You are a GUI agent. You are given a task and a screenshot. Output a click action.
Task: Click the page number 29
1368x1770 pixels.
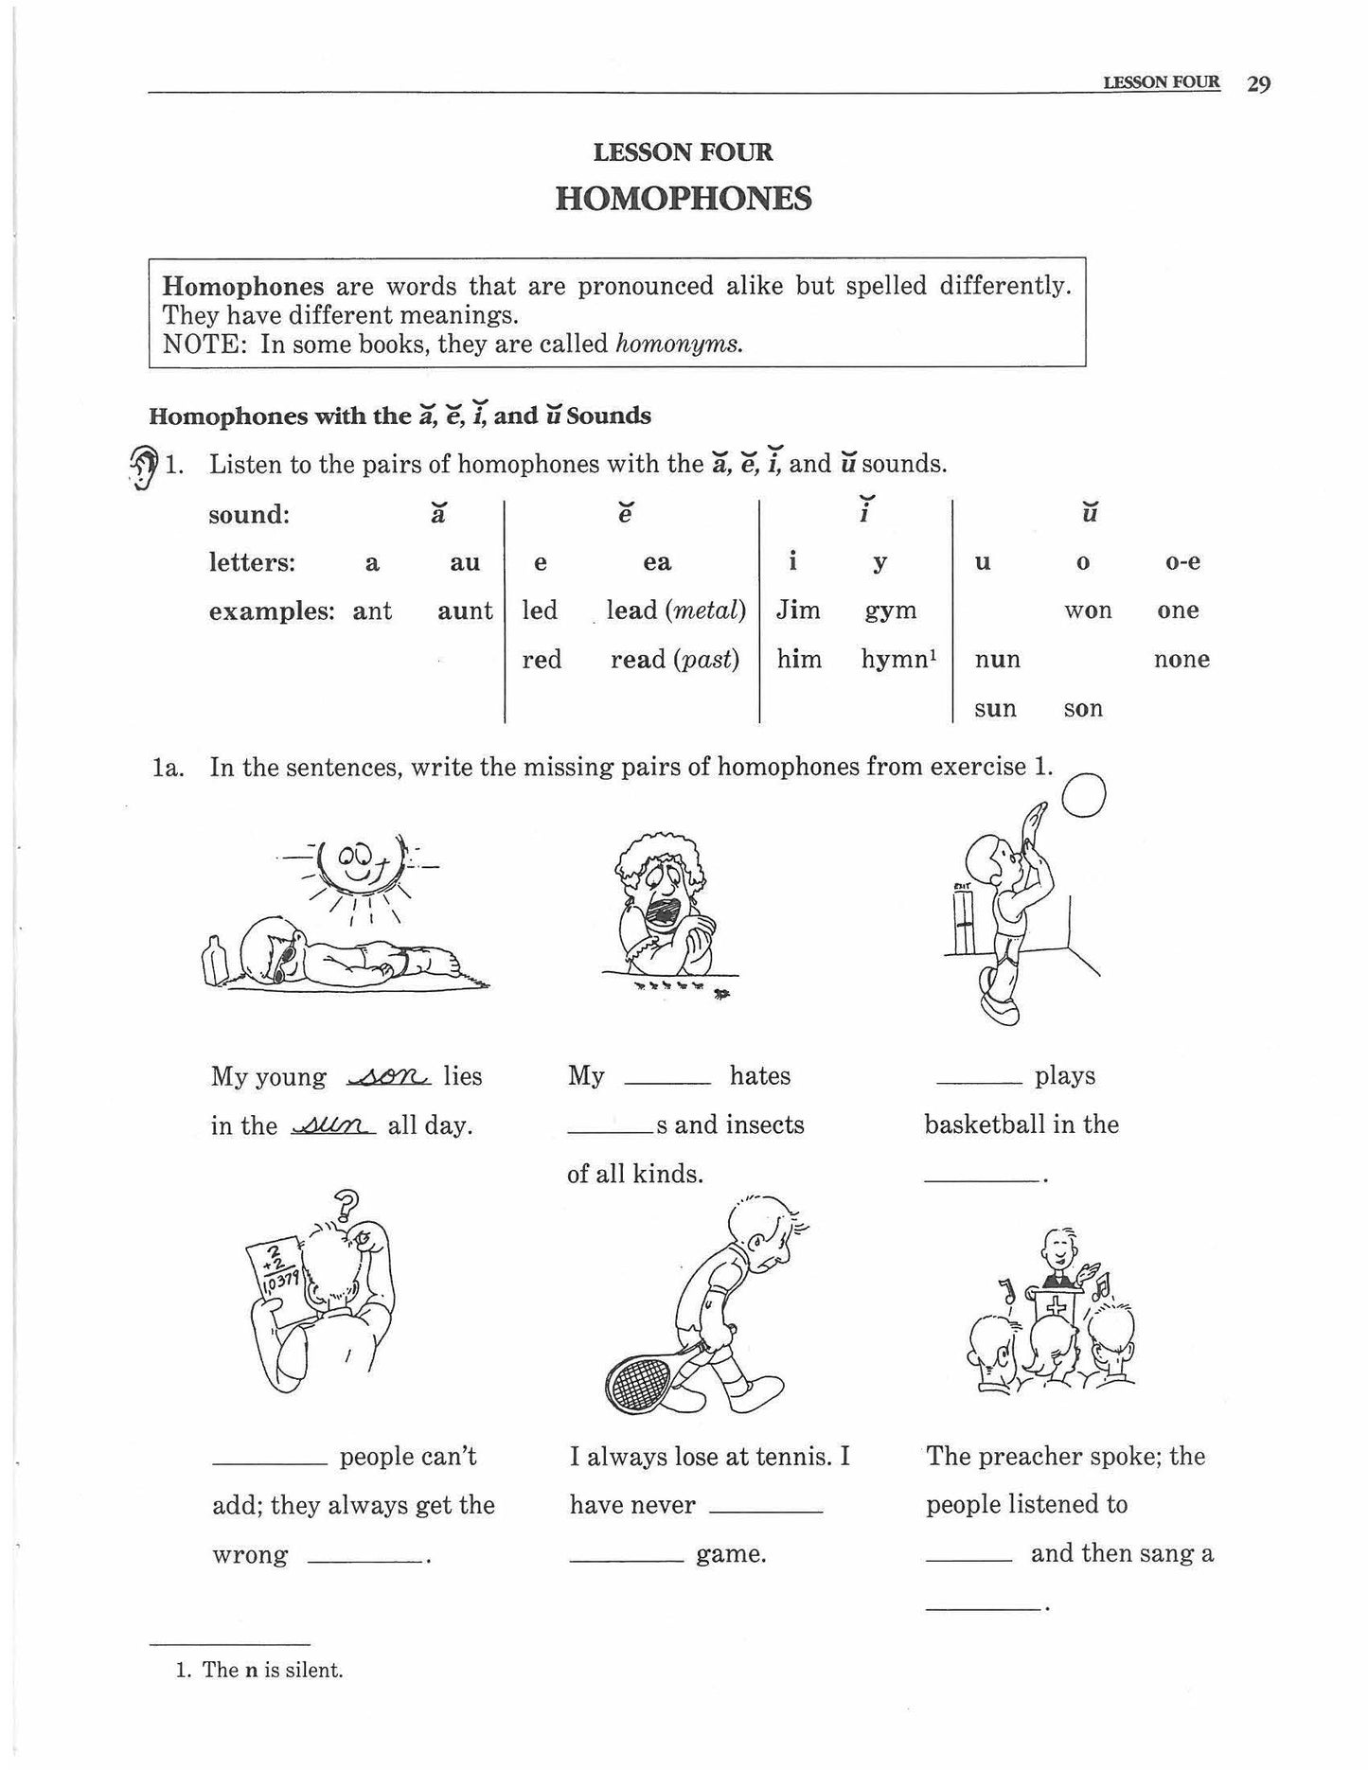pos(1258,84)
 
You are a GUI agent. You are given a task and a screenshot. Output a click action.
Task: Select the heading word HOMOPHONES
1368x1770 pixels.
pos(683,199)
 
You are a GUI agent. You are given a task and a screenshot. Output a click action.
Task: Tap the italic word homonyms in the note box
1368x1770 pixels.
pos(676,344)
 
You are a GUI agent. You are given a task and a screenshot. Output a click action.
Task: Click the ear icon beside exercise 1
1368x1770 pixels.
pos(142,467)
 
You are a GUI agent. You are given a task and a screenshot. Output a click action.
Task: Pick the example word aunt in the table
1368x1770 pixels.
pos(464,611)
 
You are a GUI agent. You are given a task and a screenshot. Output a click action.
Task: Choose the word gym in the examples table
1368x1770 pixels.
pos(890,611)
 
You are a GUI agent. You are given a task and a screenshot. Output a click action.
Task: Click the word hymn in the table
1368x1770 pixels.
pos(894,660)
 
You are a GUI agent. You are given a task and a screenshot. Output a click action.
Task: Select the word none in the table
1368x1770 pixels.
pos(1181,660)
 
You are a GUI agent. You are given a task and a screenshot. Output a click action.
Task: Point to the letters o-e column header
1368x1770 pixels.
pos(1181,562)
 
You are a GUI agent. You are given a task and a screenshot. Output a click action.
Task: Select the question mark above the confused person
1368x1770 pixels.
pos(348,1204)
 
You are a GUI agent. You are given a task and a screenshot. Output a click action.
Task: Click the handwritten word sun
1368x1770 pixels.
pos(333,1126)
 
